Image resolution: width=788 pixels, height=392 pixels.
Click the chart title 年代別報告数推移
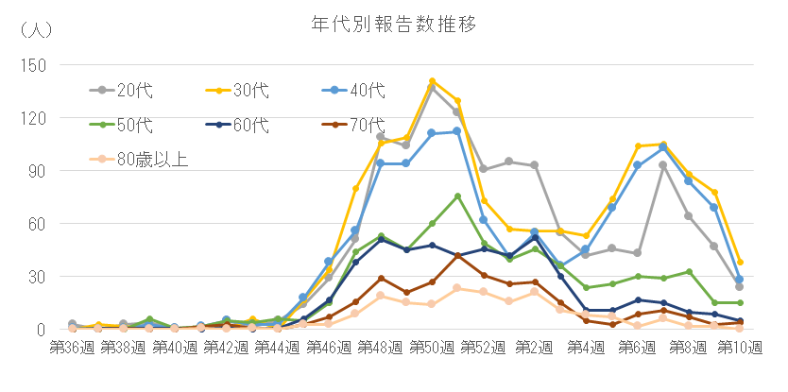click(394, 23)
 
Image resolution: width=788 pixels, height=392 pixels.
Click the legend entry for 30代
click(250, 91)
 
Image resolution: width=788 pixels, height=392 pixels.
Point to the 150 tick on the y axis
click(33, 65)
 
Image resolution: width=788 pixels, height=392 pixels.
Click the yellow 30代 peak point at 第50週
click(432, 81)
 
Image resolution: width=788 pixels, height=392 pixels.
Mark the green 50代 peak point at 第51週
click(457, 196)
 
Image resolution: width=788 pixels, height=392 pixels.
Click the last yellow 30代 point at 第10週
click(740, 262)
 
